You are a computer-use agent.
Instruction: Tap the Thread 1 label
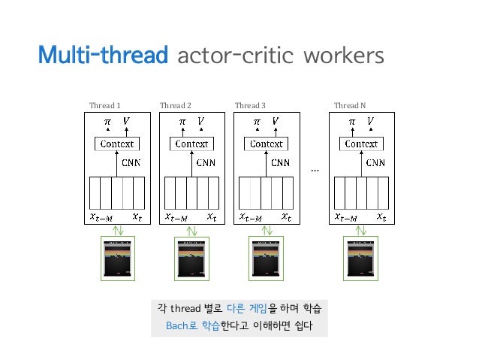105,106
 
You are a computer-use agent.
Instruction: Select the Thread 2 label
176,106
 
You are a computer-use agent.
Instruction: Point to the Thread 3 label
250,106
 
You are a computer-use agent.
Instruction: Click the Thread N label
350,106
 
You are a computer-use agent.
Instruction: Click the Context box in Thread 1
116,144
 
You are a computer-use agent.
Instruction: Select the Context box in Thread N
361,144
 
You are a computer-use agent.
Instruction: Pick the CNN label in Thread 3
280,162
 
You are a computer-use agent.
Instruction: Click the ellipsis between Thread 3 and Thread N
315,171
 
